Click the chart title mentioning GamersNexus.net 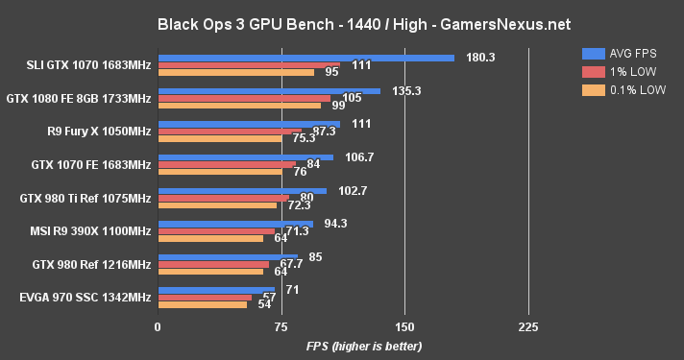tap(341, 21)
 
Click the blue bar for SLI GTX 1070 tap(305, 58)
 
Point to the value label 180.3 tap(479, 58)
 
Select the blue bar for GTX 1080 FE tap(269, 91)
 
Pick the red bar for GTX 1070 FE tap(226, 164)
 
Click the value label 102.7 tap(354, 191)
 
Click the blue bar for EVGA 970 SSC tap(216, 289)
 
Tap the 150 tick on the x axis tap(404, 327)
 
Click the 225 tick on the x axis tap(527, 327)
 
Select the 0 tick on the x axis tap(158, 327)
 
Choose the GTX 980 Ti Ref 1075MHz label tap(85, 198)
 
